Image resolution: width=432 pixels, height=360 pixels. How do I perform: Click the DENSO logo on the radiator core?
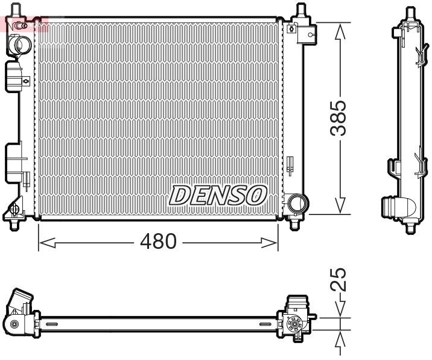(x=218, y=195)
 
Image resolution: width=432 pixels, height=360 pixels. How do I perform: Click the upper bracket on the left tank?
(x=15, y=76)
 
